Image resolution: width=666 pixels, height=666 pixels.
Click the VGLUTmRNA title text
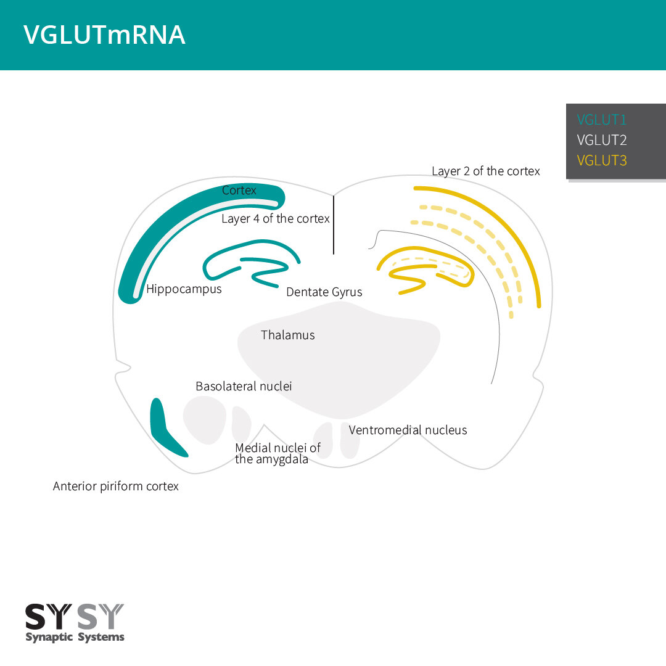pos(104,35)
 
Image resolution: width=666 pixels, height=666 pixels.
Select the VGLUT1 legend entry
pos(601,120)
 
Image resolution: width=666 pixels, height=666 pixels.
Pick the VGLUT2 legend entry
pos(601,140)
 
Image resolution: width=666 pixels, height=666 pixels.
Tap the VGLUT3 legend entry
pos(601,160)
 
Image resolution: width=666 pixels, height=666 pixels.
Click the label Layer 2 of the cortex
pos(485,171)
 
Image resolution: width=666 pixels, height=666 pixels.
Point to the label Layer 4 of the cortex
pos(276,219)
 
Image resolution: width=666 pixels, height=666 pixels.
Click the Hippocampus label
pos(184,289)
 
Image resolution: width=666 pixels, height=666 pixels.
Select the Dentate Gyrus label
pos(324,292)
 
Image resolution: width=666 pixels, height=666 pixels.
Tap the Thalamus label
pos(287,335)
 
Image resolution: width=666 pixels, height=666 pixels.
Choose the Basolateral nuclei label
pos(244,387)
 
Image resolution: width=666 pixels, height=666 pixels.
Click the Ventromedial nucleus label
pos(408,430)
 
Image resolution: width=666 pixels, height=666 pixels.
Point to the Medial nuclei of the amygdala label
pos(277,454)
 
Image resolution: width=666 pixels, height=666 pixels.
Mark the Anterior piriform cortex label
pos(116,487)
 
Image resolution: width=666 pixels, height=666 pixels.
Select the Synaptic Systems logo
pos(75,623)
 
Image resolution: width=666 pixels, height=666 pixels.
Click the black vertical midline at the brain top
pos(334,225)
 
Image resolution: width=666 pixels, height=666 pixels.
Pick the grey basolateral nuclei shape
pos(205,420)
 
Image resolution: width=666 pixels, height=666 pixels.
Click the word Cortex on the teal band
pos(239,191)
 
